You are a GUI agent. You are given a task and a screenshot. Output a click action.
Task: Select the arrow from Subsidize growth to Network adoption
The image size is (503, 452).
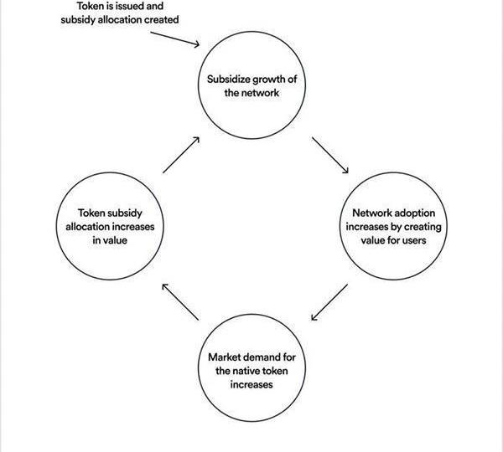(x=329, y=155)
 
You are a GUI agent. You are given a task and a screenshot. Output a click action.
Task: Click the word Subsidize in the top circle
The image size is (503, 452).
(x=229, y=80)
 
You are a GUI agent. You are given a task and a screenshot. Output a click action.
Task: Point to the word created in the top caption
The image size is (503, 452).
(x=161, y=18)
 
